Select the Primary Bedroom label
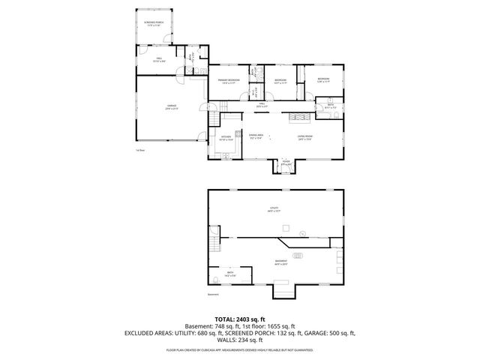point(228,80)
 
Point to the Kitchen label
point(226,137)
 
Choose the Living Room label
point(304,137)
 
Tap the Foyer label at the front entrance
point(286,163)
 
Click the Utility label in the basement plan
point(274,209)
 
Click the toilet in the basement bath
point(216,276)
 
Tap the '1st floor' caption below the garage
point(139,150)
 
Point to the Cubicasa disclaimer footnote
point(240,349)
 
